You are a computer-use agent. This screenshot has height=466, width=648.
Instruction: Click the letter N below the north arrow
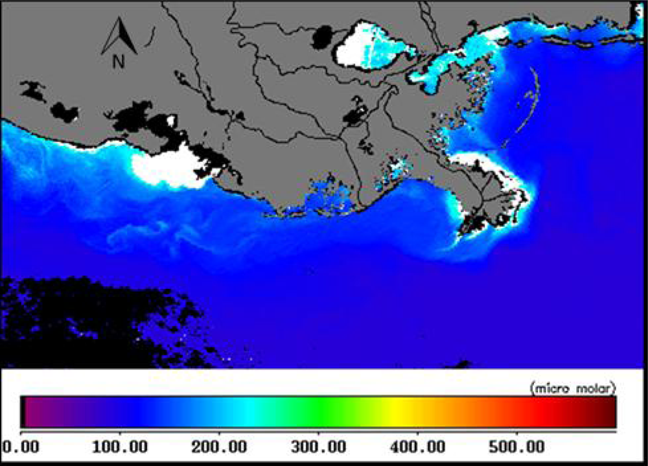[119, 62]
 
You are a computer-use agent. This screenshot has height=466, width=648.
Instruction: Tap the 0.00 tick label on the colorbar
[22, 448]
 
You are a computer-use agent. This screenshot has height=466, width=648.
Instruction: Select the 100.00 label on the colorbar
[120, 448]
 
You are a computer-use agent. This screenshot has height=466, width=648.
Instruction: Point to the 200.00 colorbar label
[219, 448]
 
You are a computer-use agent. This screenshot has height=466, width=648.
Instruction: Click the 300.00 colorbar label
[318, 448]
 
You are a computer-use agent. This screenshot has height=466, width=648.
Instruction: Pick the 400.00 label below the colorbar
[417, 448]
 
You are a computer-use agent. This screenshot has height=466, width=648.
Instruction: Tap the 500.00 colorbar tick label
[516, 448]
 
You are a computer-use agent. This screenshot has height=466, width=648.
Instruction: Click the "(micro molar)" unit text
[572, 388]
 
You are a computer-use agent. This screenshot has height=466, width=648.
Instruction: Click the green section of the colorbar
[318, 412]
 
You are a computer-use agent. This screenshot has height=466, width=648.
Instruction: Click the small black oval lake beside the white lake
[322, 38]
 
